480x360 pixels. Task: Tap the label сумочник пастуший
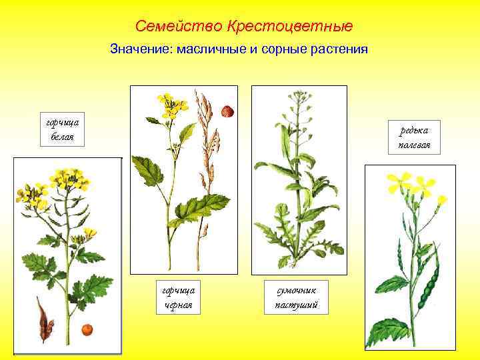(x=297, y=297)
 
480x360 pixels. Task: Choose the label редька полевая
(x=415, y=138)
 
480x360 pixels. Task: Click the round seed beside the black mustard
(x=227, y=111)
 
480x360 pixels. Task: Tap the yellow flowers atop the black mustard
(x=171, y=105)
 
